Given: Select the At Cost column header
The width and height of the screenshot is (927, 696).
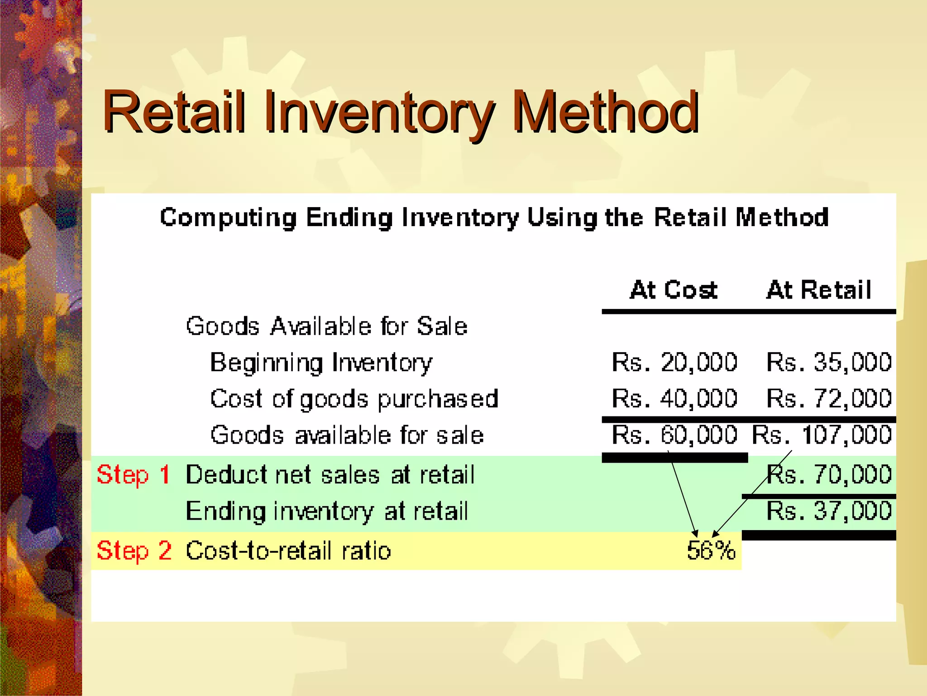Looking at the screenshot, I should click(x=674, y=290).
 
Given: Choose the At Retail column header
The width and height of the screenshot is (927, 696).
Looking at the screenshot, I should click(x=818, y=290).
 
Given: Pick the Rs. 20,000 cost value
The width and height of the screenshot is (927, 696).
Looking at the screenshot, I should click(x=674, y=362).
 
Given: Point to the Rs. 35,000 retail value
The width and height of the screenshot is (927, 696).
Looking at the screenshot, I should click(x=829, y=362).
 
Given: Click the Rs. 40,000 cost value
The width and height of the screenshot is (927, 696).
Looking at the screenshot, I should click(x=674, y=399).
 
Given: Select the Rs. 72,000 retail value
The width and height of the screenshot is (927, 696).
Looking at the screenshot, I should click(x=829, y=399).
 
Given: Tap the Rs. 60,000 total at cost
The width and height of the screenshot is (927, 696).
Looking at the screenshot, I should click(x=674, y=435).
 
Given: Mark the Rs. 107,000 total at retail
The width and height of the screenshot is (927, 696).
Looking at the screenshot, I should click(x=822, y=435).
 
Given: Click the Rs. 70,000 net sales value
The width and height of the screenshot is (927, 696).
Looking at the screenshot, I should click(x=829, y=475).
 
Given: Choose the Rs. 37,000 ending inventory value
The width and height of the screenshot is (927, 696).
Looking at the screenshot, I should click(x=829, y=511).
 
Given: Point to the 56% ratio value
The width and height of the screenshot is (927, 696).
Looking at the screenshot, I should click(x=711, y=551).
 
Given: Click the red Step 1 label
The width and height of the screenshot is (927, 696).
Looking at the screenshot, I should click(x=133, y=475).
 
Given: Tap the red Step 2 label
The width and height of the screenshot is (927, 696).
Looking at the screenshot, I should click(x=134, y=551).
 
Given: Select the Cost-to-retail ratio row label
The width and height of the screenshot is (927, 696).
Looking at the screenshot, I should click(x=288, y=551).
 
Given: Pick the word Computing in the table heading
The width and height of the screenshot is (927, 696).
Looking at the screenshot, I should click(x=229, y=218).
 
